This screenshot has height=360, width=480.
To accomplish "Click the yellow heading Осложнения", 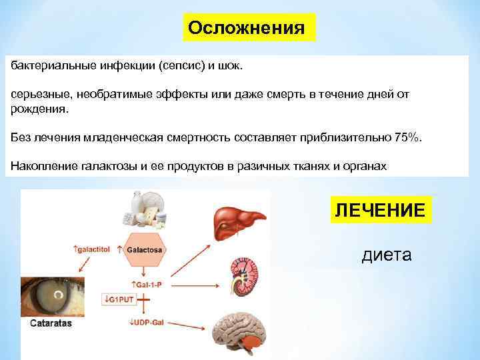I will [247, 28].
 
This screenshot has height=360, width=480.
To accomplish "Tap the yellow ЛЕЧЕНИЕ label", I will [379, 211].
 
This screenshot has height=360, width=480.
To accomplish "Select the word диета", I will [387, 255].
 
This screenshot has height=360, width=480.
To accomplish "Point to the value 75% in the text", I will [408, 137].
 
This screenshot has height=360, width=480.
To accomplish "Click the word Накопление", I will [43, 165].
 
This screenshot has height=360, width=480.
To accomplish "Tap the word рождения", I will [37, 108].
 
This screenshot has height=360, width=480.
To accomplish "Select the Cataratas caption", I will [51, 323].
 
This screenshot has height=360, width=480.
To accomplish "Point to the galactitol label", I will [93, 249].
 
